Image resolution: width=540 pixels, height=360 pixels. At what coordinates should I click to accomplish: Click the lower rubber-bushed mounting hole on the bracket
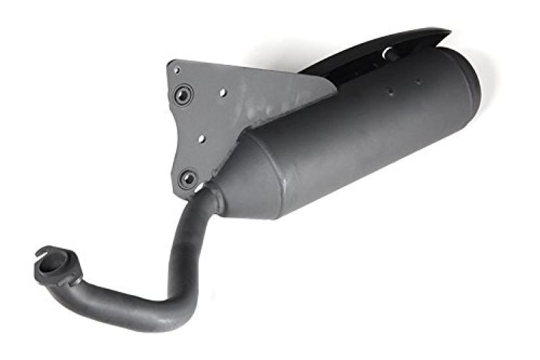[189, 177]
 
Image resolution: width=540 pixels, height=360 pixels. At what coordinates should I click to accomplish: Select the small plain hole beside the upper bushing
[223, 93]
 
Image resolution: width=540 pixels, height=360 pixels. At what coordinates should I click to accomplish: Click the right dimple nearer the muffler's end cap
[418, 82]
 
